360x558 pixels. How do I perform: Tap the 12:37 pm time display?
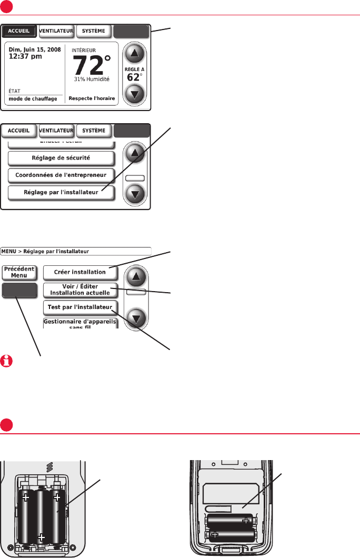[24, 57]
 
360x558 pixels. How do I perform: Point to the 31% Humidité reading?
[92, 79]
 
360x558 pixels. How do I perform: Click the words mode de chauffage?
[33, 98]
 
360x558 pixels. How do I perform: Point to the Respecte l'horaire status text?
[91, 98]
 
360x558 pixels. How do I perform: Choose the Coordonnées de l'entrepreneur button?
[61, 175]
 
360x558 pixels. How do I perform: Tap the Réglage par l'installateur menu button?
[61, 192]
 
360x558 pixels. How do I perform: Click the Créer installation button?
[81, 272]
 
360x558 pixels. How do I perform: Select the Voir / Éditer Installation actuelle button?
[80, 290]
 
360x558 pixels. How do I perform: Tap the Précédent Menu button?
[19, 272]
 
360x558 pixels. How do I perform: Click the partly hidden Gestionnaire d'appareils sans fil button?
[80, 323]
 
